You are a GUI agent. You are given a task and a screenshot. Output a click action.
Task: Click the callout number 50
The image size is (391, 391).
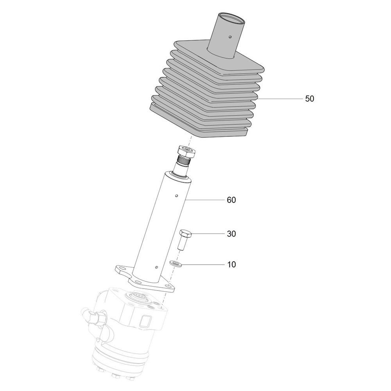(x=309, y=99)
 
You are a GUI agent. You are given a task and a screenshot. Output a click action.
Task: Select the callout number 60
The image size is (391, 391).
(x=231, y=200)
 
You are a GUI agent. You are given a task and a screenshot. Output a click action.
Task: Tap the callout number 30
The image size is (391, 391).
(x=231, y=234)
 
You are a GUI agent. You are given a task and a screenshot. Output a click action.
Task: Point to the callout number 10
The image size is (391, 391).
(x=231, y=264)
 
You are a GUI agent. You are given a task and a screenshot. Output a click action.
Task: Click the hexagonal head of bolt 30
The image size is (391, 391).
(x=185, y=234)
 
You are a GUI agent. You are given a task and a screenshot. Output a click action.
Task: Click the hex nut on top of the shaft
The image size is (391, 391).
(x=185, y=152)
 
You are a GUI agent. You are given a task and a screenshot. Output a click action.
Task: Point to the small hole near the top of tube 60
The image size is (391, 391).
(x=176, y=196)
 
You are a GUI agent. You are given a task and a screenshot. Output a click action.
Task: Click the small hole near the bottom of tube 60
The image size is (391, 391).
(x=156, y=267)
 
